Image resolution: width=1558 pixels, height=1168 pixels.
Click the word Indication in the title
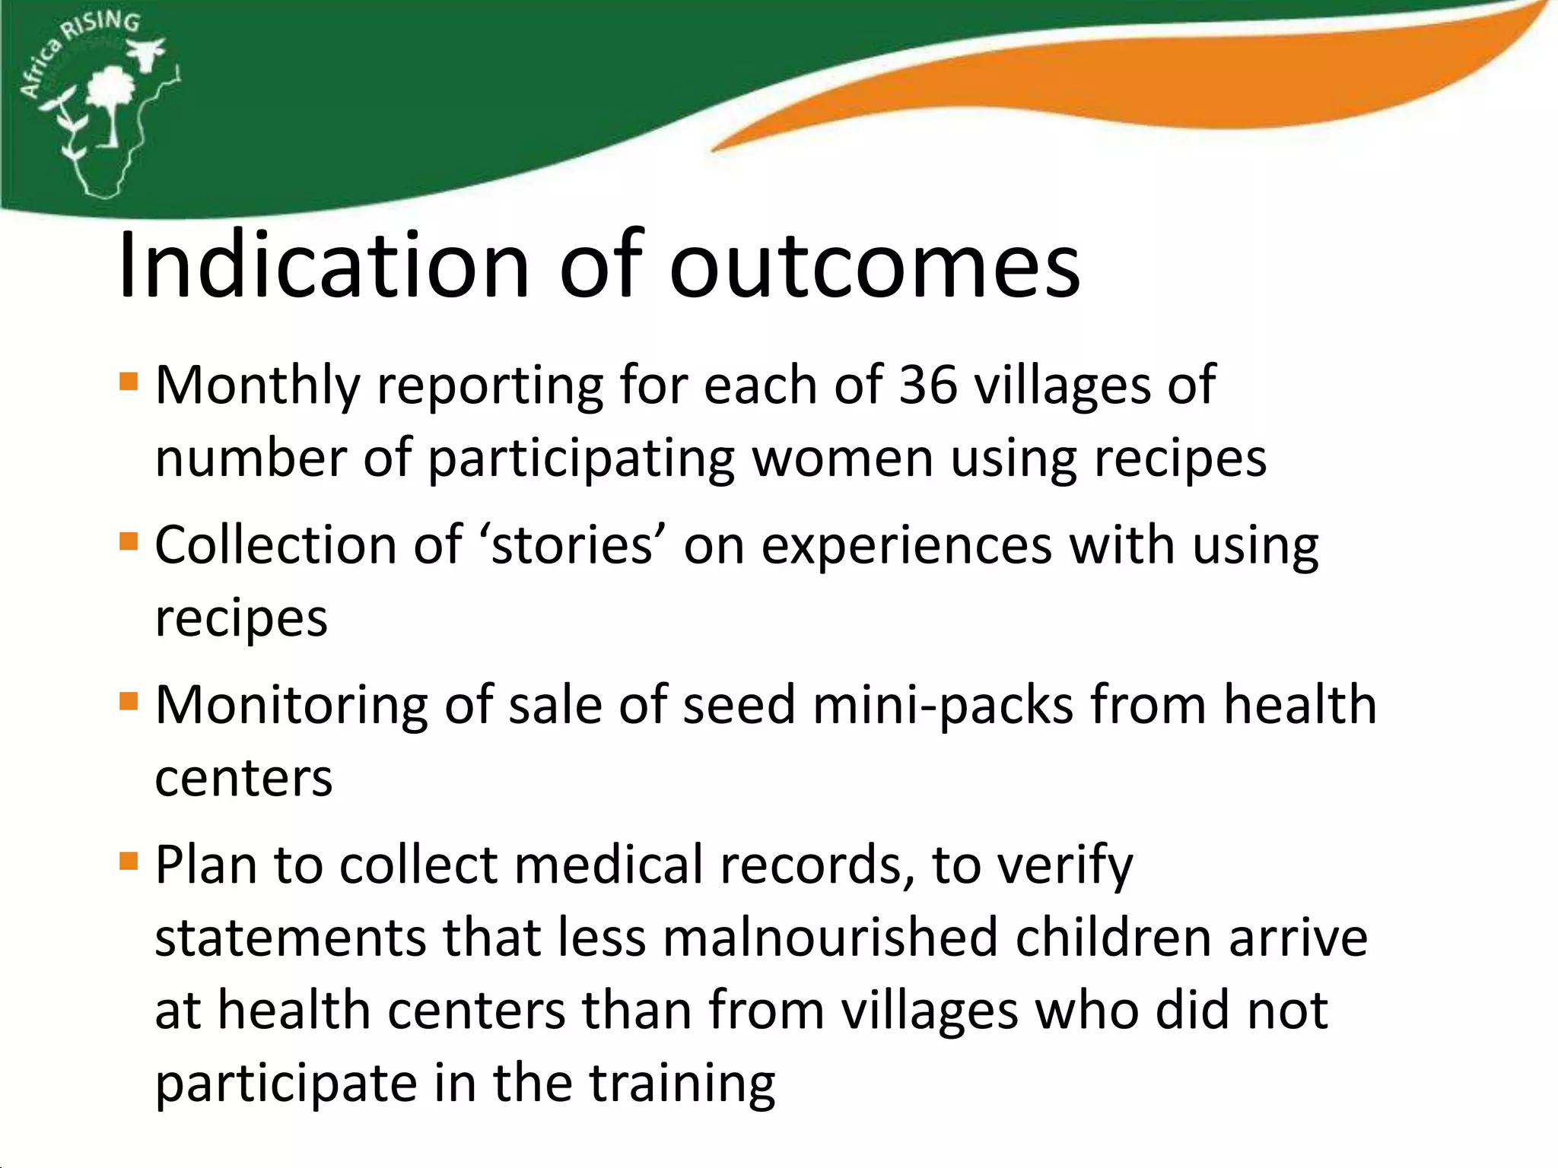323,266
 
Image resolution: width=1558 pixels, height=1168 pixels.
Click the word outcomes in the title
874,266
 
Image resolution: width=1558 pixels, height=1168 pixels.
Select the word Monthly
257,386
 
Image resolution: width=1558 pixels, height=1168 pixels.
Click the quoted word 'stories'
571,544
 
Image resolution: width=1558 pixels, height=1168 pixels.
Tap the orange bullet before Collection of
129,541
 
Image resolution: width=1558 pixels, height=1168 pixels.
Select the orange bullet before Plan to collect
129,862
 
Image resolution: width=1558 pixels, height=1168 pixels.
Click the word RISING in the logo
102,24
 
